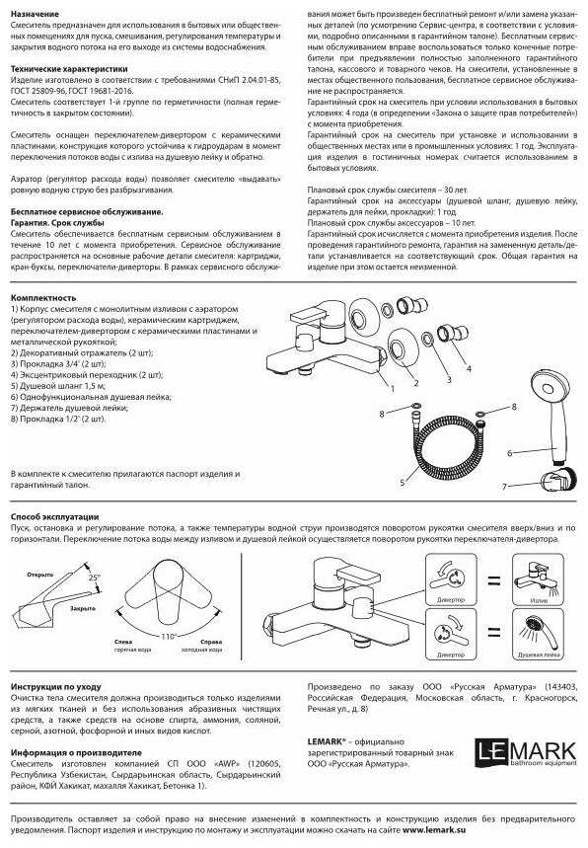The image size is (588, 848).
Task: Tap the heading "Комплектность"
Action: [43, 297]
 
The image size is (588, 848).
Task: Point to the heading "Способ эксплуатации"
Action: [55, 517]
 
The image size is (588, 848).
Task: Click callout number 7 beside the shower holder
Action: [503, 486]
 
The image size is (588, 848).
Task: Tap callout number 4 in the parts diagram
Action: [468, 368]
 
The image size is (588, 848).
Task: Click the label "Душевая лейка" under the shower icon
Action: [540, 655]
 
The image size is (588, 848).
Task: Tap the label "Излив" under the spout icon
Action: [539, 600]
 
